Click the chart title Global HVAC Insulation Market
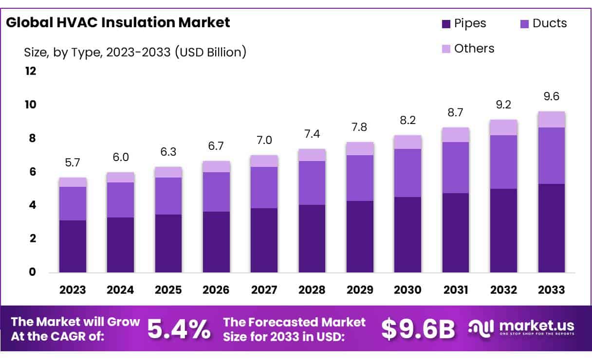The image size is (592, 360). point(117,23)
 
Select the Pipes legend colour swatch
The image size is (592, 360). point(446,23)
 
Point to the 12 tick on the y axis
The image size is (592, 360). point(30,72)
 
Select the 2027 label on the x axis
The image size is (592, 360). point(264,290)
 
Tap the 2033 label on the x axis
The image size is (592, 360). point(552,290)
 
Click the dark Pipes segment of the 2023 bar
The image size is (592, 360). point(73,246)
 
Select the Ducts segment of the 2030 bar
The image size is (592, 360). point(407,173)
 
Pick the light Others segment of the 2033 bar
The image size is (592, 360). point(552,119)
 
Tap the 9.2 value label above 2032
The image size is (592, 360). point(503,105)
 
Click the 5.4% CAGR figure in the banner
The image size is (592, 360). point(179,329)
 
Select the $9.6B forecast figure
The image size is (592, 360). point(417,329)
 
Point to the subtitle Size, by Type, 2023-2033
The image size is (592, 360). point(135,52)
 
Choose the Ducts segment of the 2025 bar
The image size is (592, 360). point(168,196)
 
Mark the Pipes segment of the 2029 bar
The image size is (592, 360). point(360,236)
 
